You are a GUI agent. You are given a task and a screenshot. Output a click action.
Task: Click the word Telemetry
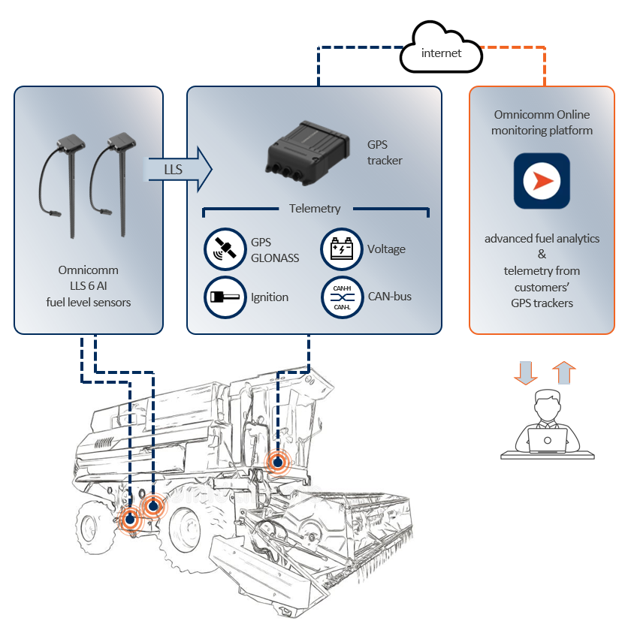pyautogui.click(x=315, y=209)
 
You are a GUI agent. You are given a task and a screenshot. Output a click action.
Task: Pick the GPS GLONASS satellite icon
pyautogui.click(x=225, y=249)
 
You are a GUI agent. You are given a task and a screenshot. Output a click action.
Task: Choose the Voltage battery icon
pyautogui.click(x=342, y=249)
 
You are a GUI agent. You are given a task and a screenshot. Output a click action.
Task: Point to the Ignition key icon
pyautogui.click(x=225, y=297)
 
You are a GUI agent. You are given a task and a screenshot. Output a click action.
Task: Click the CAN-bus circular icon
pyautogui.click(x=342, y=297)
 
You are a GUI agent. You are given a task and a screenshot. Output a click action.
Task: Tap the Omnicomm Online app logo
pyautogui.click(x=542, y=181)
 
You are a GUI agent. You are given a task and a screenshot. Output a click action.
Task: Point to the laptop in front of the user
pyautogui.click(x=547, y=439)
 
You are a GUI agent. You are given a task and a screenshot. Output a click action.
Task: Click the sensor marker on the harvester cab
pyautogui.click(x=278, y=463)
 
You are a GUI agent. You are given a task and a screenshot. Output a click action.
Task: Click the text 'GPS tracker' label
pyautogui.click(x=385, y=152)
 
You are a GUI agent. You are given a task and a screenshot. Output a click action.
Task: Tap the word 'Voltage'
pyautogui.click(x=386, y=249)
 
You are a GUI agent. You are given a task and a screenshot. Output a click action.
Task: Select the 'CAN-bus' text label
pyautogui.click(x=390, y=297)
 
